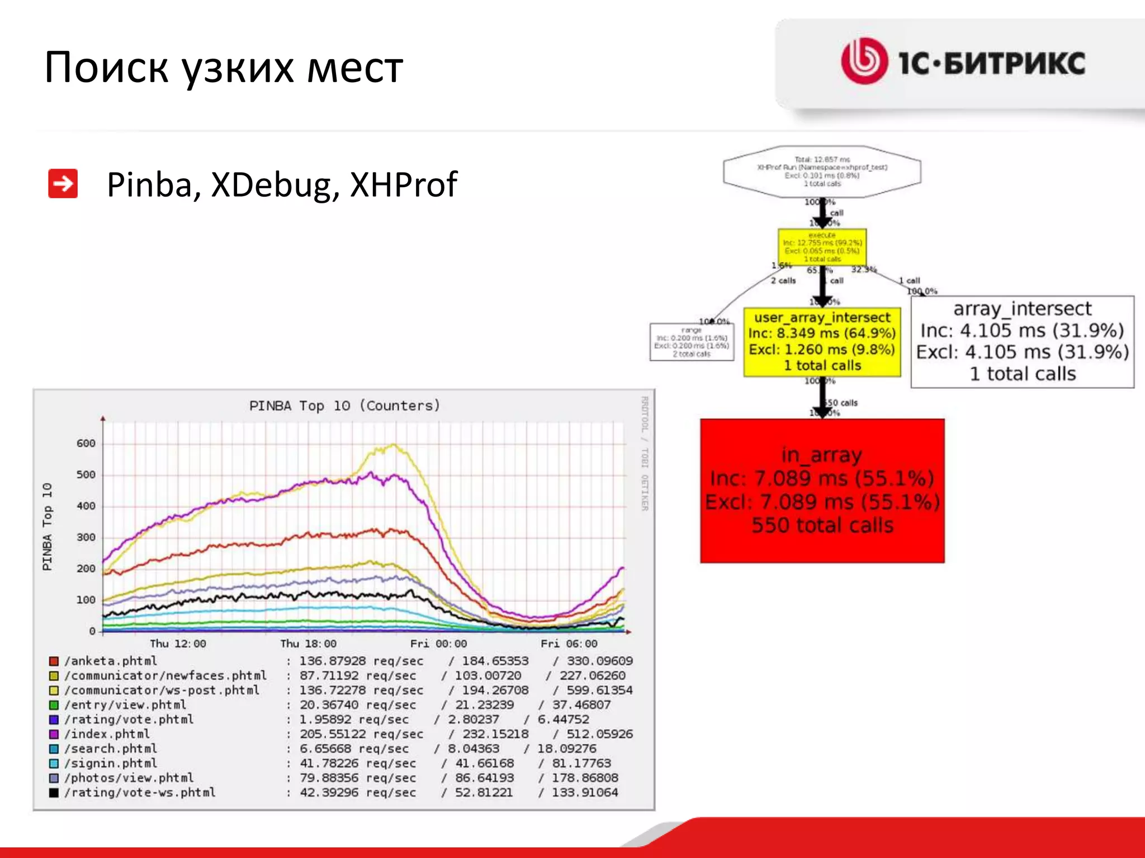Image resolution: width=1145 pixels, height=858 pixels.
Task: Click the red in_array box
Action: pos(822,490)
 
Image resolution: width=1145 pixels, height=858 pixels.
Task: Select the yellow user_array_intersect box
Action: pos(822,341)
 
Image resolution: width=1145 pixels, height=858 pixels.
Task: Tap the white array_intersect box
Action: pos(1022,341)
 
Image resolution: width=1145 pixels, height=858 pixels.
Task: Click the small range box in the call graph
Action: pos(692,342)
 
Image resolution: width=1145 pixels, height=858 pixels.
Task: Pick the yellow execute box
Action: pos(822,247)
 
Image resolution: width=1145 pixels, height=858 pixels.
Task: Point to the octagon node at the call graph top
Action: pos(822,171)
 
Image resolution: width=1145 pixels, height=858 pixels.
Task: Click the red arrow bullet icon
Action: pos(63,184)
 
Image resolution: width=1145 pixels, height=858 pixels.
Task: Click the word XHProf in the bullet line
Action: pos(403,185)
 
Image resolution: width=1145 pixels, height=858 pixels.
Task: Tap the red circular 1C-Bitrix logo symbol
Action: pos(864,61)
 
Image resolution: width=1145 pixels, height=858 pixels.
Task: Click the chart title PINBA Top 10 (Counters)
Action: pos(344,406)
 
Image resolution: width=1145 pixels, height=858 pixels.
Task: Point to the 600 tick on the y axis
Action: pos(86,444)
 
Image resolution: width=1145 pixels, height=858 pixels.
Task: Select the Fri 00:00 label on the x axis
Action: pos(438,643)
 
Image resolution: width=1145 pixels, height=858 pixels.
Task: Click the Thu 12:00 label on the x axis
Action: pos(178,643)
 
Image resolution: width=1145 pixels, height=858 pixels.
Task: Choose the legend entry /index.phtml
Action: pos(107,734)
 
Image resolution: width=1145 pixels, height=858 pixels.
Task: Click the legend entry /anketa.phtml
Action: pos(111,661)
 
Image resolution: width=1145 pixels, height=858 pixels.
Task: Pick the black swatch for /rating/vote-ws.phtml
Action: pos(54,793)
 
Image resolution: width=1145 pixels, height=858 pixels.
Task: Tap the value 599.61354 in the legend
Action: pos(599,690)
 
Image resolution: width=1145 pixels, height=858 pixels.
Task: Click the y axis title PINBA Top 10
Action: pos(48,526)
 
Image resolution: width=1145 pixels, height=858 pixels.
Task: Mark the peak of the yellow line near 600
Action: pos(394,445)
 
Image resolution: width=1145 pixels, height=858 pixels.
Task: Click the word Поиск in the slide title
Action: pos(106,68)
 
